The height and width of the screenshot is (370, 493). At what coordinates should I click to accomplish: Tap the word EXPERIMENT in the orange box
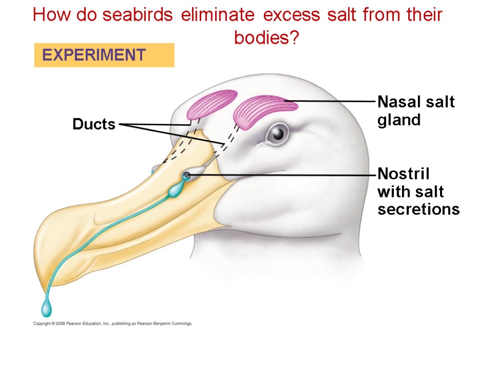click(94, 55)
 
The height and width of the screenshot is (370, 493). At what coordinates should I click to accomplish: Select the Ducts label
click(94, 124)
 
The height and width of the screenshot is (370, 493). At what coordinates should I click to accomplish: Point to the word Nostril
click(403, 173)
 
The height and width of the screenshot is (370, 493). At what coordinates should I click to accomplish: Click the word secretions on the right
click(418, 210)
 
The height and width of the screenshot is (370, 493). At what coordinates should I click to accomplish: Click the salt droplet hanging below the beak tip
click(47, 307)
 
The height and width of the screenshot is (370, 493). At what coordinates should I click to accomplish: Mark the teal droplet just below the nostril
click(174, 192)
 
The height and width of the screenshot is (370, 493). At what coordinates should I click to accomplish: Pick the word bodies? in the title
click(266, 37)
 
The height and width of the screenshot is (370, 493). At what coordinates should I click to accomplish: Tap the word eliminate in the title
click(218, 15)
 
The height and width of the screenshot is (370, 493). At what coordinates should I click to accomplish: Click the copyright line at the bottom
click(113, 324)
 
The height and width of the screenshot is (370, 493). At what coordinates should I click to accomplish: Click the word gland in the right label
click(399, 120)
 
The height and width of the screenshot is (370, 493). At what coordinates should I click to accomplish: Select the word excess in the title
click(291, 15)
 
